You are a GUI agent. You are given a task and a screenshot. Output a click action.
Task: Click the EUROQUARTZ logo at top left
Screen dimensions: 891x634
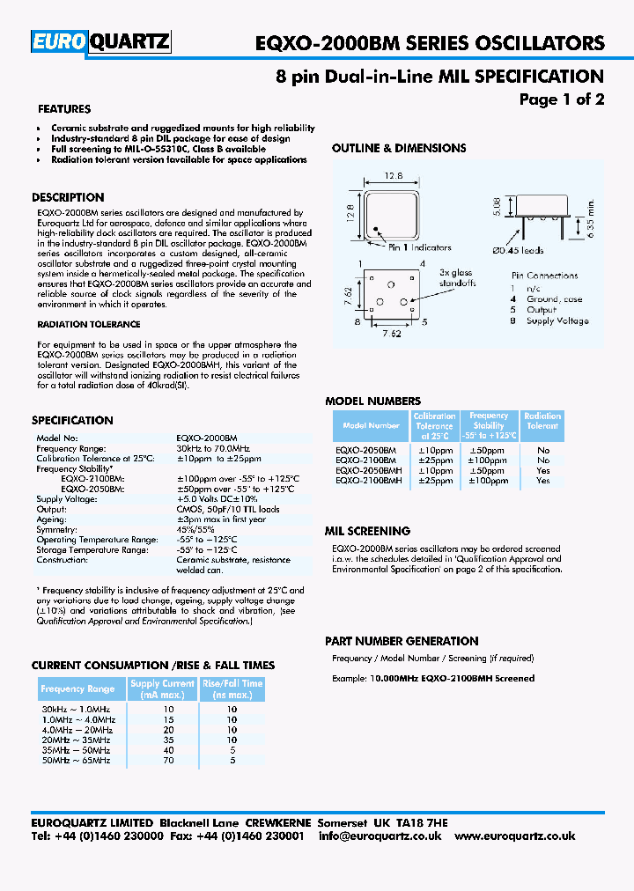[101, 42]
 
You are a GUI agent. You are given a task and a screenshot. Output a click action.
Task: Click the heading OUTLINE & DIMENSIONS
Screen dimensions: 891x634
[398, 148]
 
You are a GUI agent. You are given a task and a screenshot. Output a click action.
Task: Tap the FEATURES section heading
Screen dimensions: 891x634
[64, 109]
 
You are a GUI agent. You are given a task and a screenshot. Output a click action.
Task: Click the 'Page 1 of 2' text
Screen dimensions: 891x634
[561, 99]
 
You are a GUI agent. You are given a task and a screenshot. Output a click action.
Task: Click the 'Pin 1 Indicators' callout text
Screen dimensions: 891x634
[419, 247]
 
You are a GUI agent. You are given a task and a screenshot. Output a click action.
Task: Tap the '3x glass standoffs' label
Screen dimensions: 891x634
[456, 278]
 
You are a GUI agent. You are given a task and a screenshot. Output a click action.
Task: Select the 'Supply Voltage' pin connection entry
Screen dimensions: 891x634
[557, 320]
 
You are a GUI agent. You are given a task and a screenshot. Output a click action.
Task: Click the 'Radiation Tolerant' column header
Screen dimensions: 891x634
[542, 421]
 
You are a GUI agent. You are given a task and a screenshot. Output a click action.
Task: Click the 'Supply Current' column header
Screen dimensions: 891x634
[162, 688]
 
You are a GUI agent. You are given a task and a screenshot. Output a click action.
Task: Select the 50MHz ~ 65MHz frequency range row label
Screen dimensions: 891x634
[76, 760]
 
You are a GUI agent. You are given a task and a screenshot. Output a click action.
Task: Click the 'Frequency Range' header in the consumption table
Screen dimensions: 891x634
[77, 688]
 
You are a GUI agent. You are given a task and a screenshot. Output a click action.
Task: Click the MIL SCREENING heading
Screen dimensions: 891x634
[367, 531]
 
